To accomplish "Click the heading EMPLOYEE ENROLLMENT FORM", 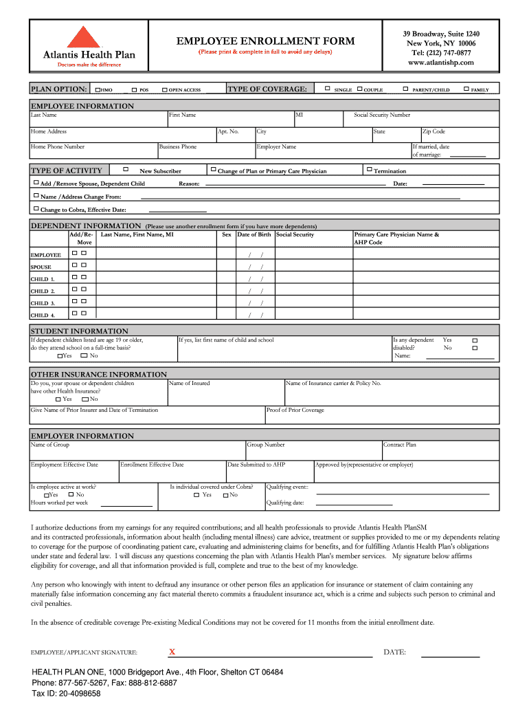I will pyautogui.click(x=266, y=41).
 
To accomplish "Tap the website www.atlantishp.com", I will pyautogui.click(x=441, y=63).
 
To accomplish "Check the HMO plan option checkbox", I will pyautogui.click(x=98, y=89).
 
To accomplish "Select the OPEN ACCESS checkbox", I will pyautogui.click(x=165, y=89).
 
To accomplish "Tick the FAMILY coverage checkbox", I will pyautogui.click(x=466, y=89).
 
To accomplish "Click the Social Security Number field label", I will pyautogui.click(x=382, y=115).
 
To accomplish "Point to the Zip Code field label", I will pyautogui.click(x=434, y=131).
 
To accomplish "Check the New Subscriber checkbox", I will pyautogui.click(x=126, y=168).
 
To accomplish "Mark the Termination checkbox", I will pyautogui.click(x=369, y=169).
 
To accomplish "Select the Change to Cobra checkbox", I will pyautogui.click(x=36, y=208).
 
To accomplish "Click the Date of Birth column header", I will pyautogui.click(x=254, y=234).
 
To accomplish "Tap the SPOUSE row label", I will pyautogui.click(x=41, y=267).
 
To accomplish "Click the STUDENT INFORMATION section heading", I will pyautogui.click(x=80, y=331).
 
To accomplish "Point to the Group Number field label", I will pyautogui.click(x=266, y=445).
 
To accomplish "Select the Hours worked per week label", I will pyautogui.click(x=59, y=503).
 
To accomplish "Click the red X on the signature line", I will pyautogui.click(x=172, y=651).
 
